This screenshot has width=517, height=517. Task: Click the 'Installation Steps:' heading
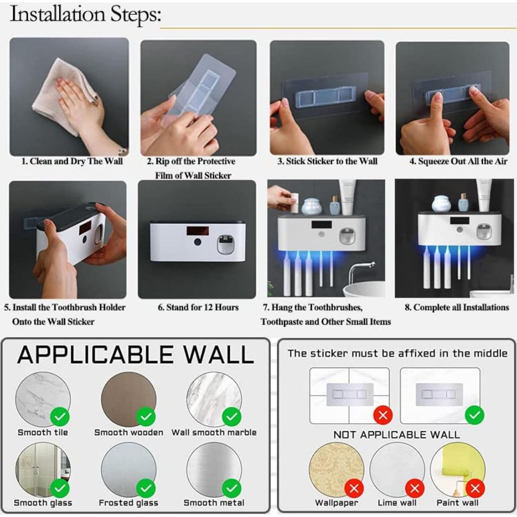85,14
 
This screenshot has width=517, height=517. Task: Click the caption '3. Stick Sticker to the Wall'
327,161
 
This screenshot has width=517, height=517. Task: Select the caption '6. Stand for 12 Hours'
198,307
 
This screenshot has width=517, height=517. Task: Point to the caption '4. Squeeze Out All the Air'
458,161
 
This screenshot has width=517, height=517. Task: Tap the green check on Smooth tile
60,417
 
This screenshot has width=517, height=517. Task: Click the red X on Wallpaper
354,488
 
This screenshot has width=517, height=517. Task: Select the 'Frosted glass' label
128,503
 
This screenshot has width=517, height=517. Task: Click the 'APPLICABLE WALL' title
135,355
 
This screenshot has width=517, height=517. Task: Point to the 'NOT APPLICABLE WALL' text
396,435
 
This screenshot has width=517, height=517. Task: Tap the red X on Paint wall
475,488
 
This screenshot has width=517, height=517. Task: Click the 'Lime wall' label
397,503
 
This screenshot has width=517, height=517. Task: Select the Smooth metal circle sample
214,469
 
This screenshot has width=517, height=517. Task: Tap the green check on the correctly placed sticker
475,415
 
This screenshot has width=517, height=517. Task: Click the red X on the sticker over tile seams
383,415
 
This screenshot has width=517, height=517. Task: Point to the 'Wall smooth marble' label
214,432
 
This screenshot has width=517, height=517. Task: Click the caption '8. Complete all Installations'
457,307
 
